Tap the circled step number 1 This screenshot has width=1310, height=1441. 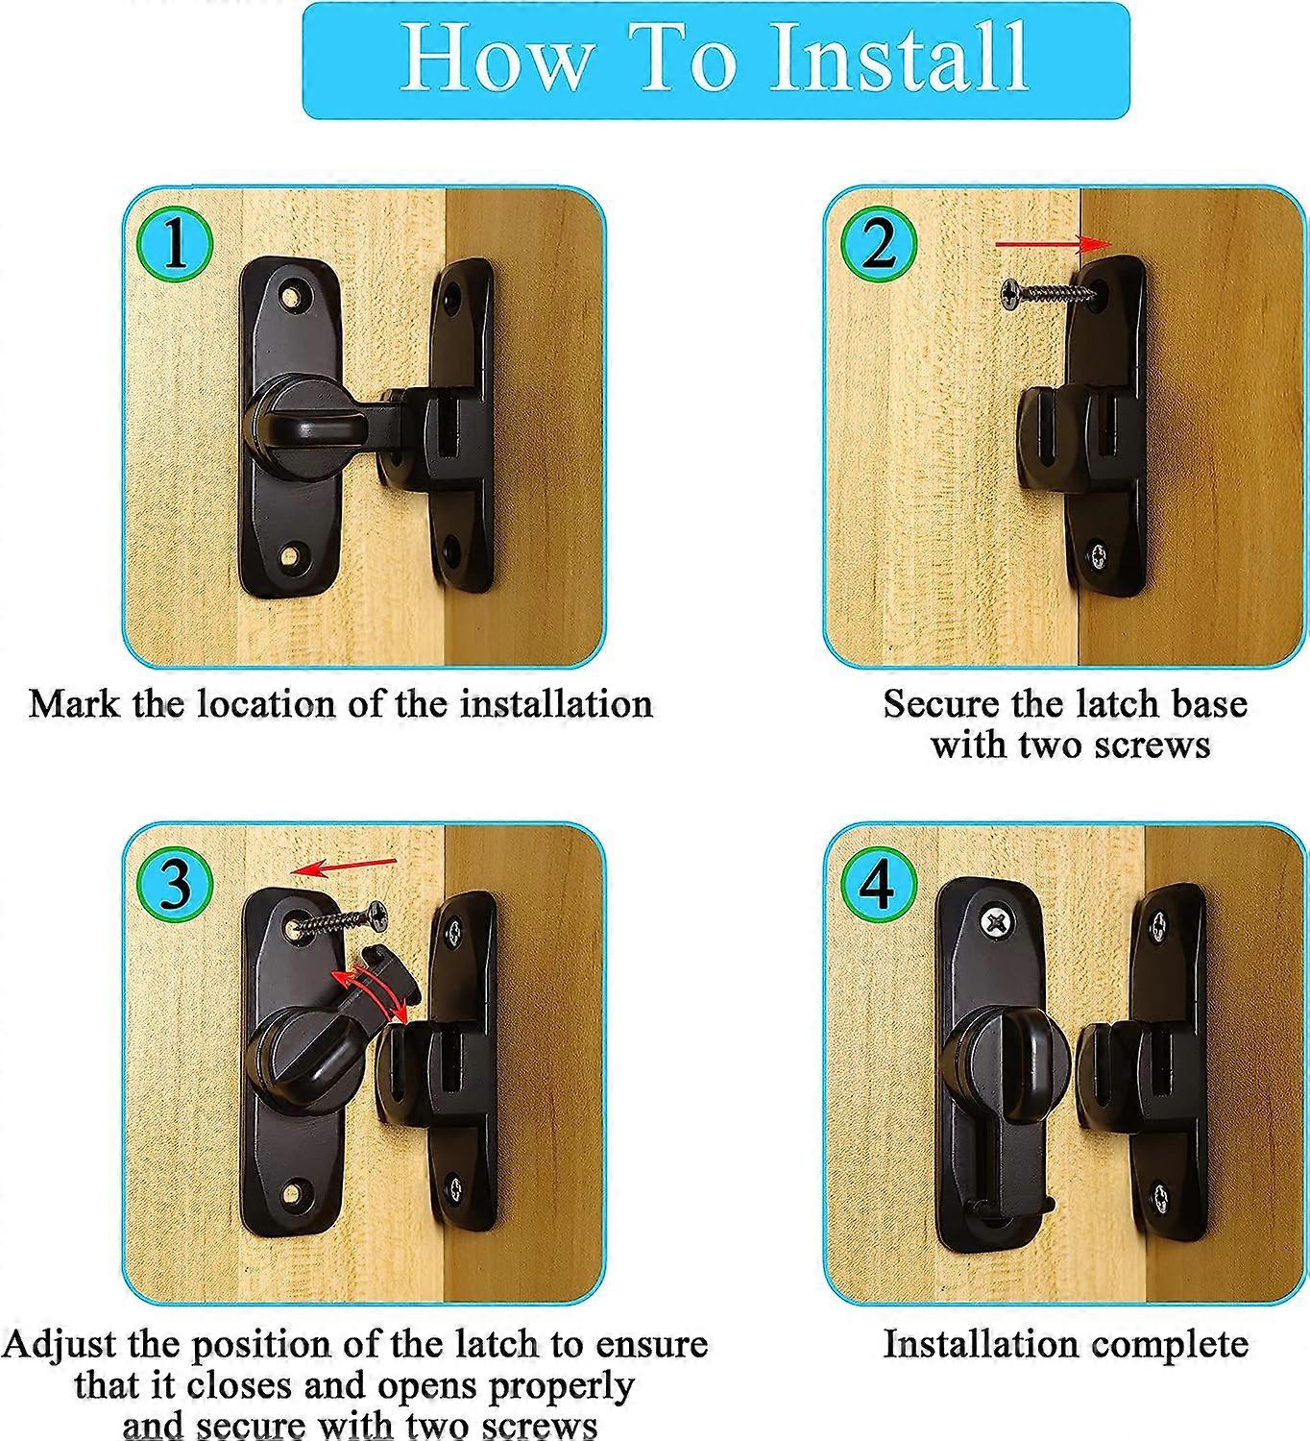pos(174,245)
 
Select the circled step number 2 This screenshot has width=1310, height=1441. pos(878,245)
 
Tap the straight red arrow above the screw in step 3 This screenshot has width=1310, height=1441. pos(344,867)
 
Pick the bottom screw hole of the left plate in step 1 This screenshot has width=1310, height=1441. pos(290,554)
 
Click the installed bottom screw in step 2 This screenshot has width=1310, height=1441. pos(1097,554)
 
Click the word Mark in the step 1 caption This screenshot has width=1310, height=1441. pos(73,703)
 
